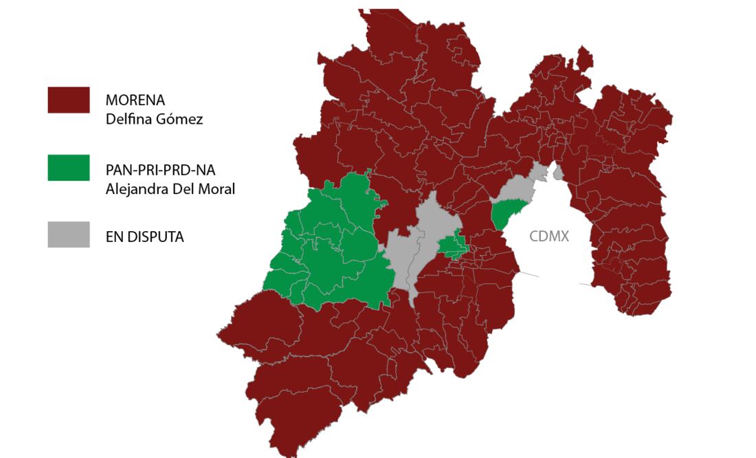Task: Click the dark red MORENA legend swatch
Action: pyautogui.click(x=68, y=100)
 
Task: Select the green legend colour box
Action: pyautogui.click(x=68, y=168)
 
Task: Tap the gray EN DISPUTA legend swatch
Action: pyautogui.click(x=68, y=235)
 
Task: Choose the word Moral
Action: pyautogui.click(x=216, y=188)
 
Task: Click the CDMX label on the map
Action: pyautogui.click(x=549, y=237)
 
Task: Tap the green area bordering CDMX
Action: pyautogui.click(x=507, y=212)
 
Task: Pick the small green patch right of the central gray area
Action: pyautogui.click(x=454, y=246)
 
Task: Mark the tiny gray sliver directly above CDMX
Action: pyautogui.click(x=558, y=172)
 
